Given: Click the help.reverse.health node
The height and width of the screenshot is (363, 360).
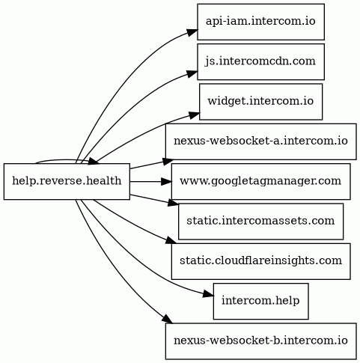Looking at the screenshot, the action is pos(67,181).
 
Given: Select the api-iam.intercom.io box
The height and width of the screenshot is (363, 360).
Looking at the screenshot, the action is pos(260,22).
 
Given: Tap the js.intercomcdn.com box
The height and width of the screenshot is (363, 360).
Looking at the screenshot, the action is pos(260,61).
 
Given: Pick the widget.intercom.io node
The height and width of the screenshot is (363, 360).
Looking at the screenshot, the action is pos(260,102).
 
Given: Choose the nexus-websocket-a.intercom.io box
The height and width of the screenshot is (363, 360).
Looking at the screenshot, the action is pos(260,141).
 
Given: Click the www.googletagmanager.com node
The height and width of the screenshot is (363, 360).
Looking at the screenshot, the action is pos(260,181).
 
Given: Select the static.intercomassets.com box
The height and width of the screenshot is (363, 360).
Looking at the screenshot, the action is pos(260,222).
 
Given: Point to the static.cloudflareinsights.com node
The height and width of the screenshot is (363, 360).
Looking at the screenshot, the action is pos(260,261).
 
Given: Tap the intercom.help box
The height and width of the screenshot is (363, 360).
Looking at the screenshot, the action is pos(260,301).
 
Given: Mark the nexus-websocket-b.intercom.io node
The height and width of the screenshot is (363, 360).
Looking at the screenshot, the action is pos(260,341).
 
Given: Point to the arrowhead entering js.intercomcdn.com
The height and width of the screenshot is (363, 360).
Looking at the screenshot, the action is pos(192,73).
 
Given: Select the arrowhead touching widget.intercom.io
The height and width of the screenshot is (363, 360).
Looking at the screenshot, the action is pos(195,115).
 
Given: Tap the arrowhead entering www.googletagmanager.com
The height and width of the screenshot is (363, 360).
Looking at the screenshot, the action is pos(166,182).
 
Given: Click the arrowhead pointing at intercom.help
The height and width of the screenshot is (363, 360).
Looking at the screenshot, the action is pos(208,294).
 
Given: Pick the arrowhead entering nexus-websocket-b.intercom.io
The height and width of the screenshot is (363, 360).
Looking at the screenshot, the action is pos(168,319).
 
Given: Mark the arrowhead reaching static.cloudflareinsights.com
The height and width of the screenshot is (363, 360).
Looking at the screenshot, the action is pos(172,240).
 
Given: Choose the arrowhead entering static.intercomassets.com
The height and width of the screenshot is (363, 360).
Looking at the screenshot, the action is pos(174,202).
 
